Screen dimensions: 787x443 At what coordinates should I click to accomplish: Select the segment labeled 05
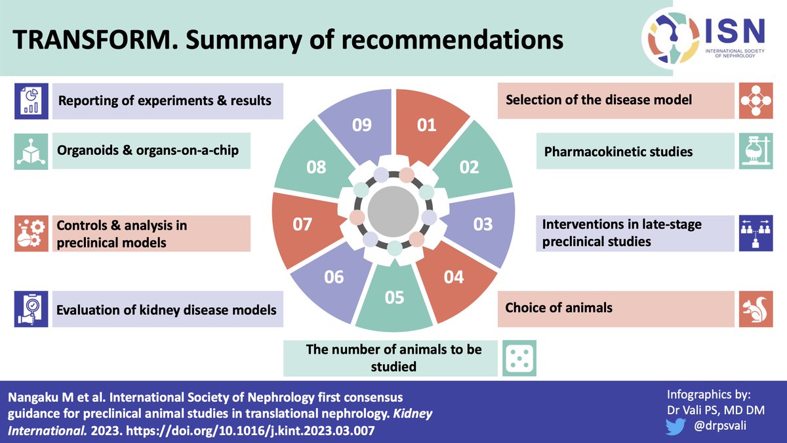(394, 299)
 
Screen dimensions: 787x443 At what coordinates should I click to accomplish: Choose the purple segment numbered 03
(483, 225)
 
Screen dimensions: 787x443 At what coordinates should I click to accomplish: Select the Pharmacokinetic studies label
(618, 152)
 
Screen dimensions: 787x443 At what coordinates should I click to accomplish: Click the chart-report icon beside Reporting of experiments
(32, 101)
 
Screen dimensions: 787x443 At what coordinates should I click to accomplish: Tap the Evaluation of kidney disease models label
(166, 309)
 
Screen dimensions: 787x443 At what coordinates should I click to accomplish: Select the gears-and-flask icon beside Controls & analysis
(32, 234)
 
